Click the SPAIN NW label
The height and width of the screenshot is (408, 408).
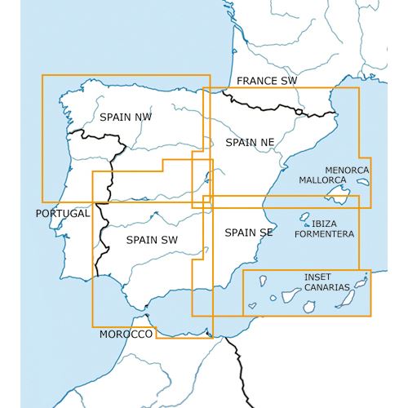126,117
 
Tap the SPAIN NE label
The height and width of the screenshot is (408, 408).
250,142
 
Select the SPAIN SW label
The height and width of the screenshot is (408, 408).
153,240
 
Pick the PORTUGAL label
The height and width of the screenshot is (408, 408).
62,214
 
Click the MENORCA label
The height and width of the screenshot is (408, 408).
347,170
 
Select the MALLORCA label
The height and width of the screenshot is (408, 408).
323,180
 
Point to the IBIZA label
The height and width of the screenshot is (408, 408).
324,223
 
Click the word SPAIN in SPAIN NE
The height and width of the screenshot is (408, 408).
240,142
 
